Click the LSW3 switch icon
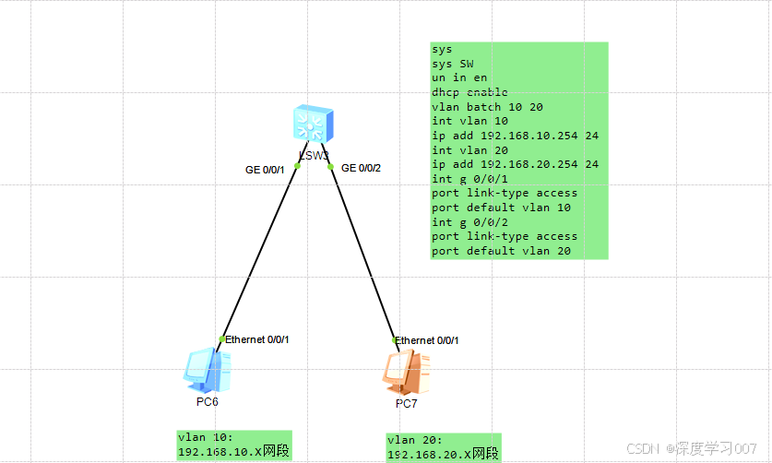point(314,124)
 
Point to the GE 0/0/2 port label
point(361,168)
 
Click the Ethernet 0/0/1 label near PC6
point(257,339)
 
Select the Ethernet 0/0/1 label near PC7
point(427,340)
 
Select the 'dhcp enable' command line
point(469,92)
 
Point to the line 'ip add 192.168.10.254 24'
point(515,136)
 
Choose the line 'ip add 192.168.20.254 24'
point(515,164)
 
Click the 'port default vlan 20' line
point(501,251)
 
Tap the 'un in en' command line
point(458,78)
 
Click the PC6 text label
point(208,402)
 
